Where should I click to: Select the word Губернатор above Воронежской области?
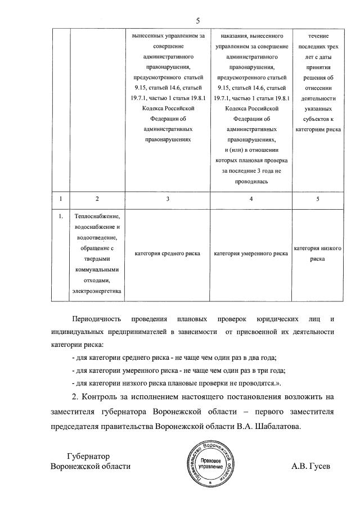tap(87, 457)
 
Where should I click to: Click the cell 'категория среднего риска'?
tap(167, 254)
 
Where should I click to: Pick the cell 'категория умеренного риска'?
tap(251, 254)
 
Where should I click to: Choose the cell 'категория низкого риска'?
tap(318, 254)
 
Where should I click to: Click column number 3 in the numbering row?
tap(167, 198)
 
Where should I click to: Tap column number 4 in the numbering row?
tap(251, 198)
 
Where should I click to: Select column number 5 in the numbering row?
tap(318, 198)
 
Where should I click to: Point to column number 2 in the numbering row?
tap(97, 198)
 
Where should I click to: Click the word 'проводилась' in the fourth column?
tap(251, 182)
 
